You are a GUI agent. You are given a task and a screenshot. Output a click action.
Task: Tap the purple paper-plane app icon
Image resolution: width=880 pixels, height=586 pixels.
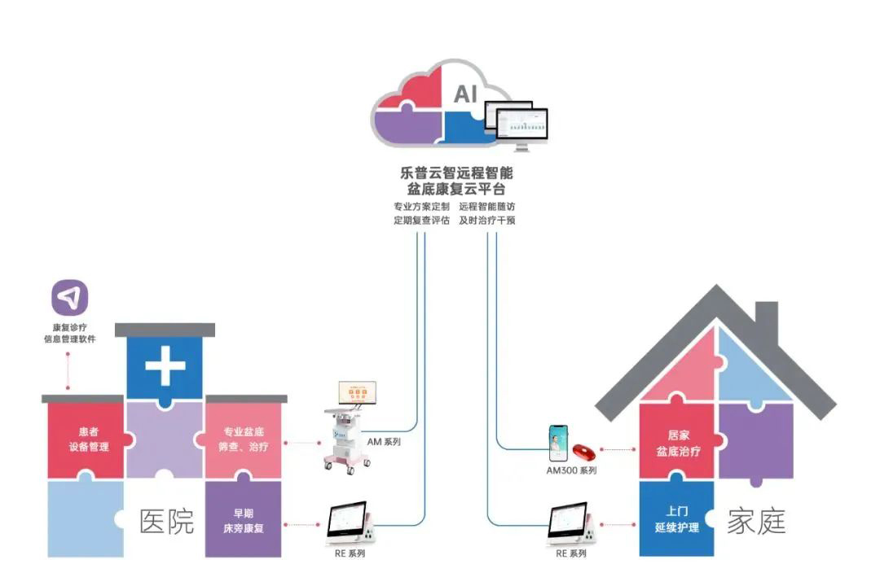[x=69, y=298]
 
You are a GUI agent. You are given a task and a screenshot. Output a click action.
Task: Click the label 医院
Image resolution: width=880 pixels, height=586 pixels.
[x=168, y=522]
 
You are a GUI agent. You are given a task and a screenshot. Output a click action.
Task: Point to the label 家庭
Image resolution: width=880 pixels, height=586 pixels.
[x=757, y=522]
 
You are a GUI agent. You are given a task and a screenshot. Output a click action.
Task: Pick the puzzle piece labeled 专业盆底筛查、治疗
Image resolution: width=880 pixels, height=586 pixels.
[x=244, y=439]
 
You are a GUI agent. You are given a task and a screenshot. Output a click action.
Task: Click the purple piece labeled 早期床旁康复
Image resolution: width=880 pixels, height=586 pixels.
[x=244, y=519]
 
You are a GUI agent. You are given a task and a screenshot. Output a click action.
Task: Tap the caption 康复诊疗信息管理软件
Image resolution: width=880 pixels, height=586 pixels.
[x=69, y=333]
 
